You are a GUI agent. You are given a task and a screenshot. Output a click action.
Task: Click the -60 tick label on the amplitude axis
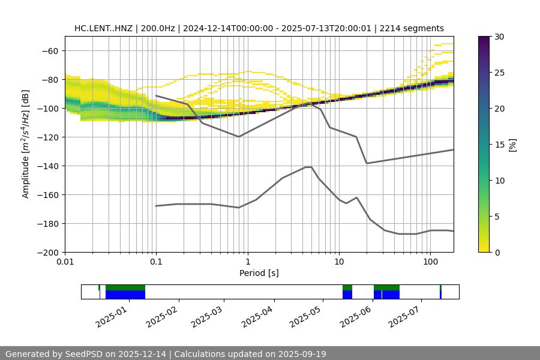click(x=49, y=50)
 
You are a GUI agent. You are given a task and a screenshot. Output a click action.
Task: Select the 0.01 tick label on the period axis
click(x=65, y=262)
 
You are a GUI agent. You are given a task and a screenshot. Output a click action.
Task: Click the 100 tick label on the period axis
click(x=430, y=262)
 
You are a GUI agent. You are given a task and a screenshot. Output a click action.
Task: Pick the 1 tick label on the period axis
click(x=247, y=262)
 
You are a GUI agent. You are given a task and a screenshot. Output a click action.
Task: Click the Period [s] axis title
click(x=259, y=273)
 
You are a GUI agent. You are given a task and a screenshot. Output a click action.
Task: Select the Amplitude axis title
click(x=26, y=144)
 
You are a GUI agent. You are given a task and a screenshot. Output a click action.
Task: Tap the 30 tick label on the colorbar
click(x=499, y=37)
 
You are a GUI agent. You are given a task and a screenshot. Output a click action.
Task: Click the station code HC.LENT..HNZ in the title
click(x=105, y=28)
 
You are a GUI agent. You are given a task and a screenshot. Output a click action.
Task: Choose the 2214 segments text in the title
click(x=414, y=28)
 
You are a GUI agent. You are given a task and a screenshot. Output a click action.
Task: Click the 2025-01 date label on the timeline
click(x=111, y=316)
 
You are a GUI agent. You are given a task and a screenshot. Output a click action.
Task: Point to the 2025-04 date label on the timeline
click(x=257, y=316)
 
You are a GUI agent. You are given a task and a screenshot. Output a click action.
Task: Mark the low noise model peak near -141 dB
click(x=308, y=167)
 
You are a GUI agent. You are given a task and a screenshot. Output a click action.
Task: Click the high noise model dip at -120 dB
click(x=239, y=137)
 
